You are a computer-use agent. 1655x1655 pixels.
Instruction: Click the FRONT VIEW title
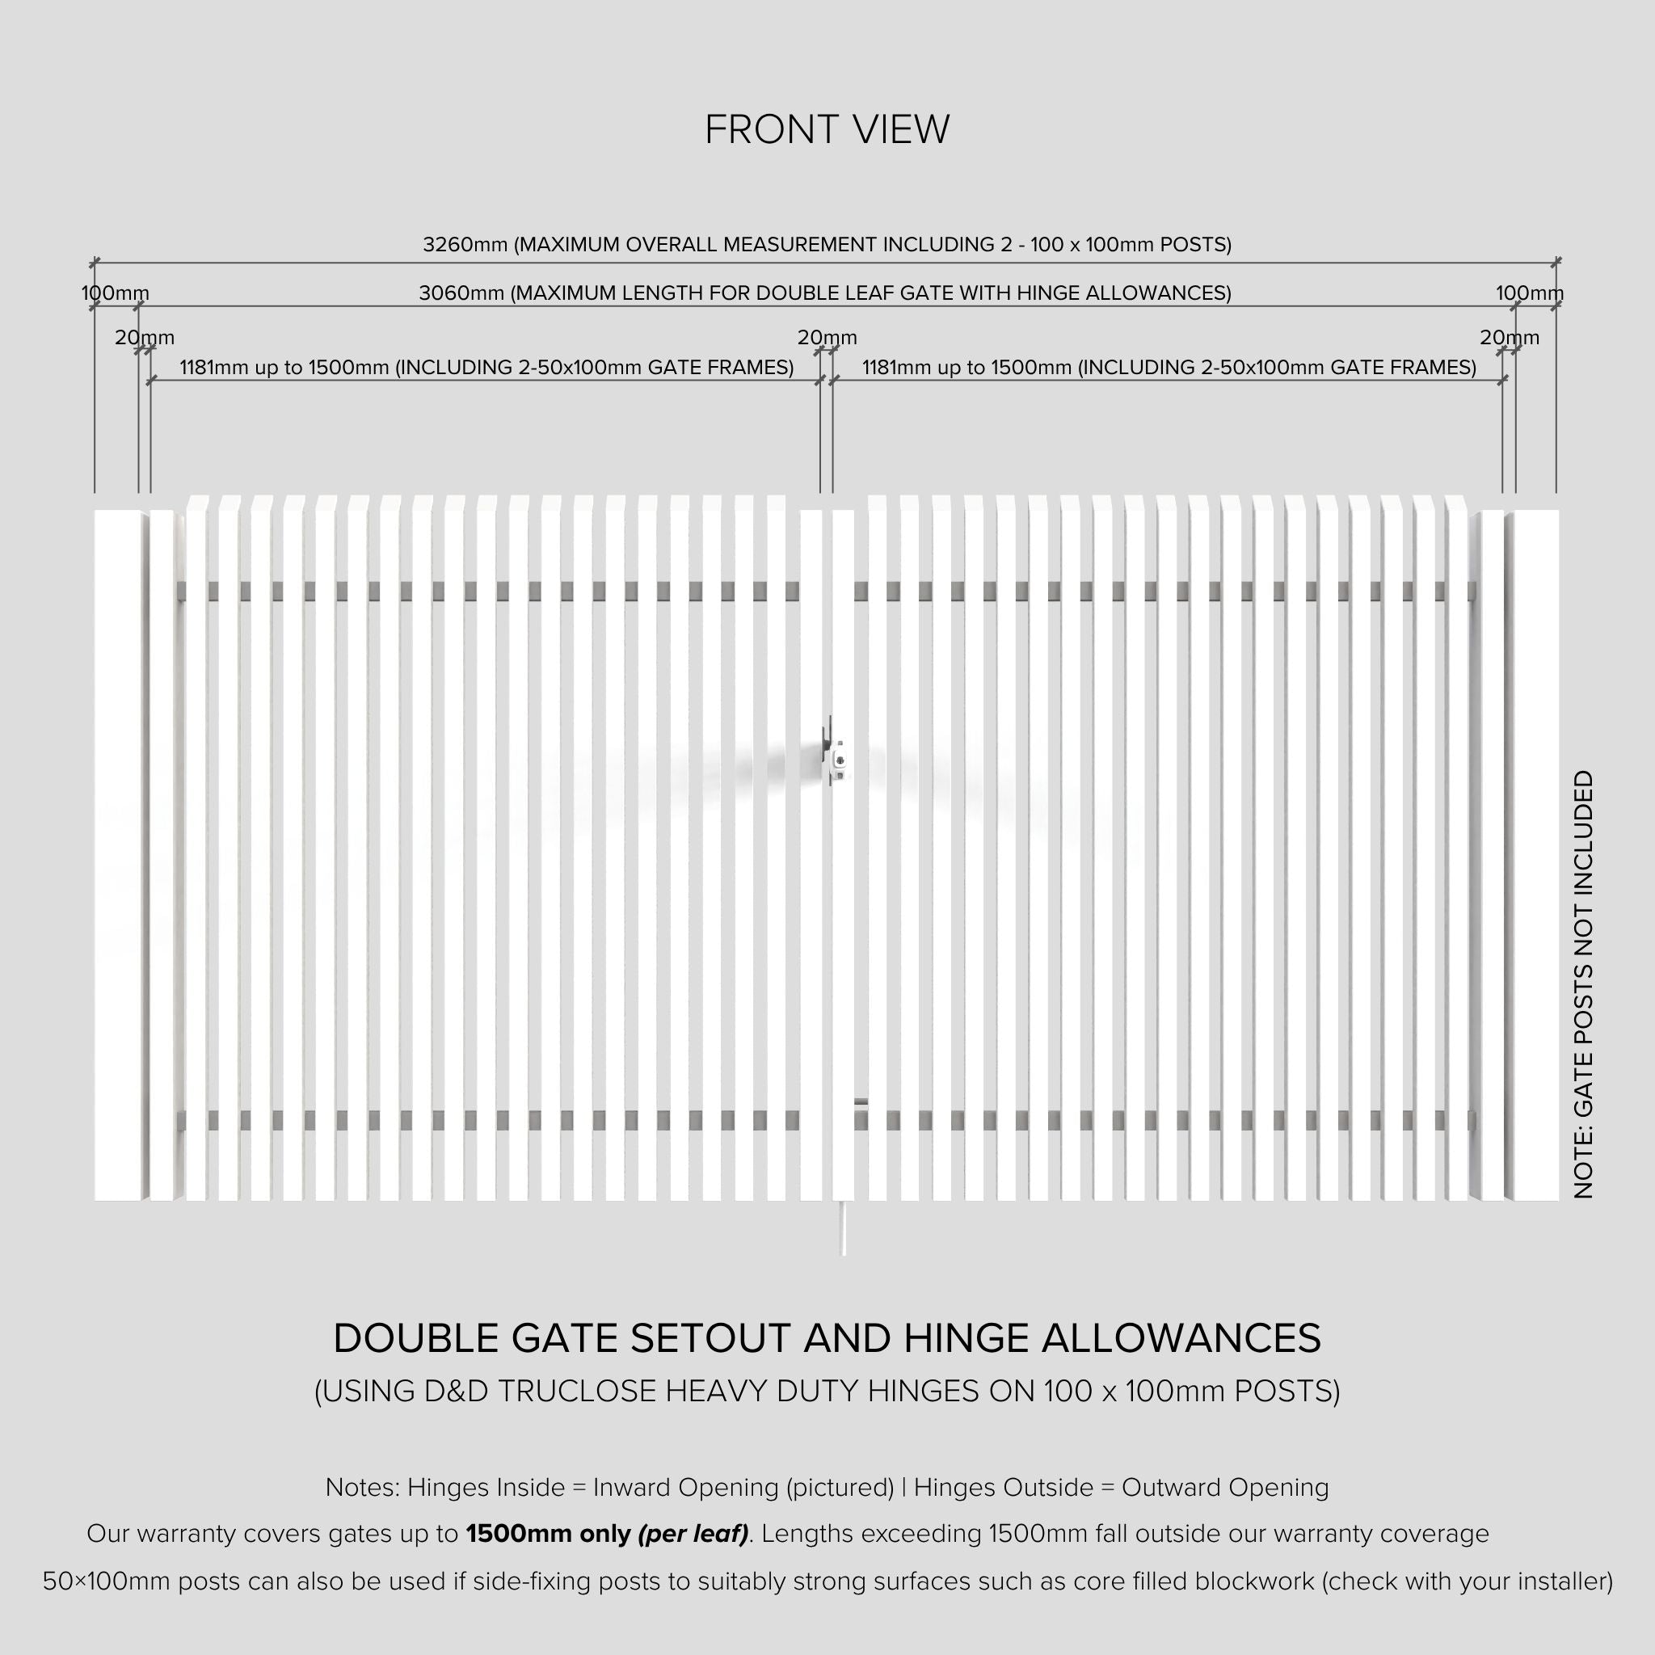[827, 130]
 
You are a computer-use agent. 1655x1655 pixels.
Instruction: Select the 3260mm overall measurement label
[827, 245]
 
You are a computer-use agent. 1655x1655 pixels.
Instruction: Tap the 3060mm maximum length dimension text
[824, 294]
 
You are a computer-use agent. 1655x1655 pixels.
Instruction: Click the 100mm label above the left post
[115, 294]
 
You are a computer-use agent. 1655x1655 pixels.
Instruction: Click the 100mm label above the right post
[1529, 294]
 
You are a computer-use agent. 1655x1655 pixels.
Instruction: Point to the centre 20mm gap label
[827, 339]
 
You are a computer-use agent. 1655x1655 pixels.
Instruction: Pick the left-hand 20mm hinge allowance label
[145, 339]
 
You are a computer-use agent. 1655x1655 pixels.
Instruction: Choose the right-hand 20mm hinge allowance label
[1510, 339]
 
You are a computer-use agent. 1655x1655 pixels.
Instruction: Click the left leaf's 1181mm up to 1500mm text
[486, 368]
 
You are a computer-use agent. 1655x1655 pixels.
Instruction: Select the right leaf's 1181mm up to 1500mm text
[1169, 368]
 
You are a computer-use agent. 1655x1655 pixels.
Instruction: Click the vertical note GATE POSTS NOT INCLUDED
[1584, 984]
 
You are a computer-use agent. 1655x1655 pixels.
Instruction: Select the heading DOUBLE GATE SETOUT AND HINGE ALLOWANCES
[827, 1339]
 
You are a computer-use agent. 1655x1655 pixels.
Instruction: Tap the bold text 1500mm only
[548, 1533]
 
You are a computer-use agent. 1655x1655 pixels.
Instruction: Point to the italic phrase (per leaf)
[693, 1533]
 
